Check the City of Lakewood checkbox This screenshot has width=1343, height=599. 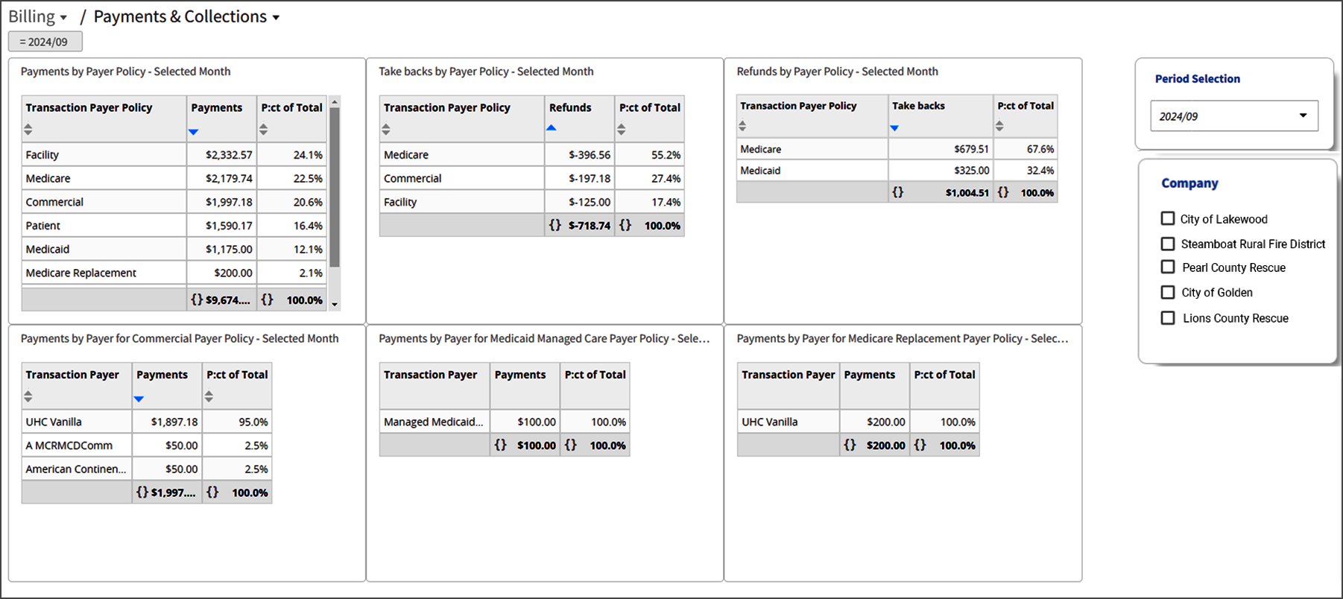(1168, 218)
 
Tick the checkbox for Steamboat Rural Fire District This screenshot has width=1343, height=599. (1168, 244)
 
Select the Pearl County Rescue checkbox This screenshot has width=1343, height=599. (1168, 267)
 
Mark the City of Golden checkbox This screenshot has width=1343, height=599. (1168, 292)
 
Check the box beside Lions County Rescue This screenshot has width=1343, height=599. (1168, 318)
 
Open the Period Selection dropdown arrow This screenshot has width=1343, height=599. (1303, 115)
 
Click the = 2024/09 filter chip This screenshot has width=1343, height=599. (45, 42)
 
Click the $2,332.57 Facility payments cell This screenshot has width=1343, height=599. (229, 155)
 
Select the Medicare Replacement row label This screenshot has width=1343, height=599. (80, 273)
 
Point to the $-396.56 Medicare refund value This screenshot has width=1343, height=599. (590, 155)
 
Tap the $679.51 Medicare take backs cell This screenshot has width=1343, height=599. (971, 149)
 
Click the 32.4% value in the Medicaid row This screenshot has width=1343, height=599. (1040, 171)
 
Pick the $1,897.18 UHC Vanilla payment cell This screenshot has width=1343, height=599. (174, 422)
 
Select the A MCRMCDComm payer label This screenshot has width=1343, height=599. (69, 446)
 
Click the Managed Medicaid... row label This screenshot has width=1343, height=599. (433, 422)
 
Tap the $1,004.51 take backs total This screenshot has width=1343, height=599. (967, 192)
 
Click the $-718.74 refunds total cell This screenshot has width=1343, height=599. (590, 226)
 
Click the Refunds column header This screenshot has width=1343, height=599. (570, 107)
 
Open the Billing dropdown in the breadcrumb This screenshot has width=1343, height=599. (37, 16)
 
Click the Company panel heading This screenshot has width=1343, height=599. (1189, 183)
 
